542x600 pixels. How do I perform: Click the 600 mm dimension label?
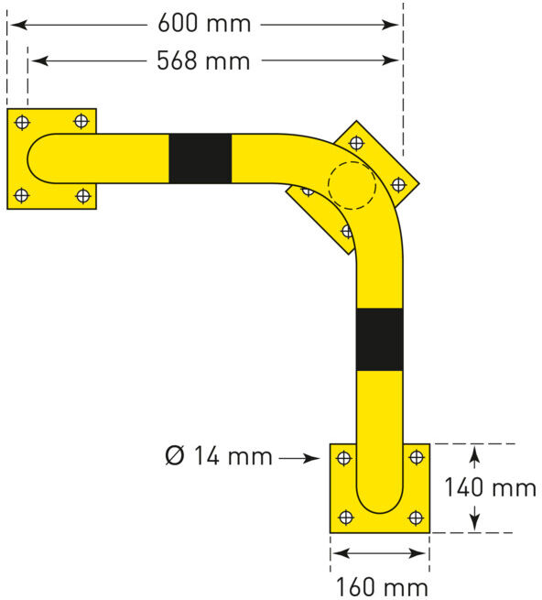coord(204,23)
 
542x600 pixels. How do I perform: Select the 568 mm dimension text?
coord(203,60)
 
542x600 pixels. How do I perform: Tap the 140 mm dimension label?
coord(490,487)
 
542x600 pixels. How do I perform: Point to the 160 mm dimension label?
coord(382,587)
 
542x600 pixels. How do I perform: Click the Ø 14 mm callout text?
coord(219,456)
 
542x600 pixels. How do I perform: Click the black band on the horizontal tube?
coord(201,158)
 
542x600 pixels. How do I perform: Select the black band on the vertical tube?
coord(379,340)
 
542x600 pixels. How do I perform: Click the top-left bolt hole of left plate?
coord(22,123)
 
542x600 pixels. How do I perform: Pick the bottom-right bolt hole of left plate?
coord(83,196)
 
